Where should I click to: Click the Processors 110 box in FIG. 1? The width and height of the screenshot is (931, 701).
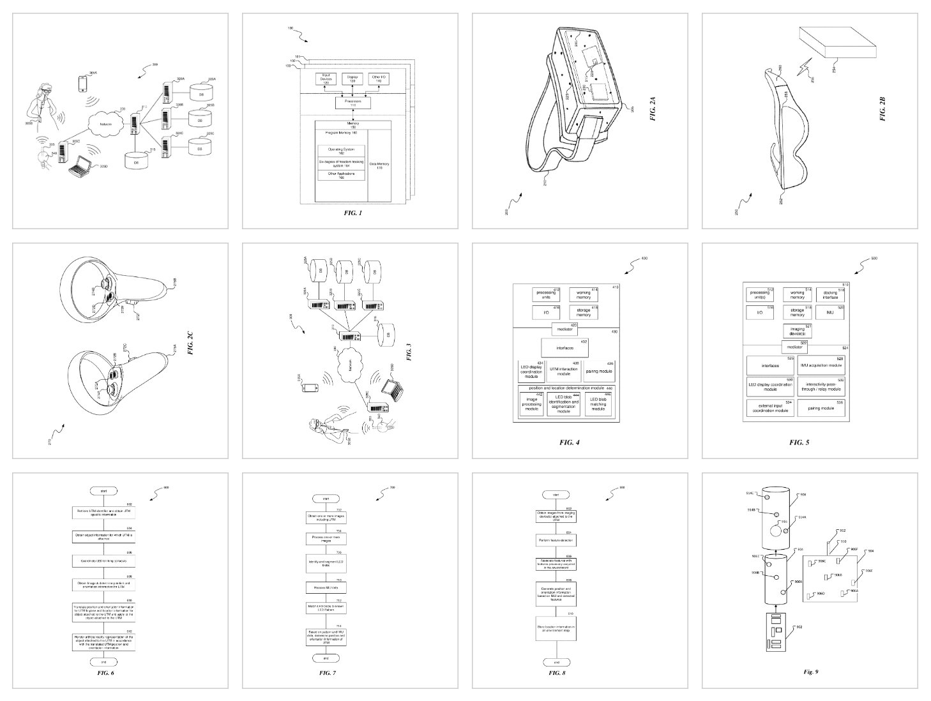[349, 102]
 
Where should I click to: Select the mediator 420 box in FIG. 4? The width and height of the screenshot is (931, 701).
[564, 327]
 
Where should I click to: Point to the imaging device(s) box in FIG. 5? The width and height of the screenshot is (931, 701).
[796, 331]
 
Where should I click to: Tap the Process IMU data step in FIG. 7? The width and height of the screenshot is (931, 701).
[326, 587]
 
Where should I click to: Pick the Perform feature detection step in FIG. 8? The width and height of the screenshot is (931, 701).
[555, 540]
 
